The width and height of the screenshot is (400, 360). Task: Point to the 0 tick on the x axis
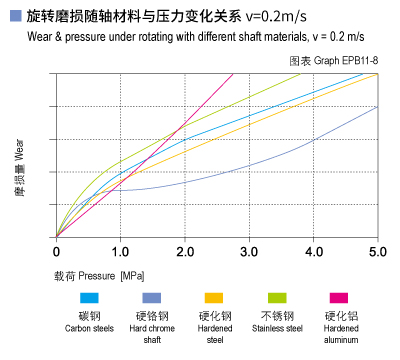[56, 251]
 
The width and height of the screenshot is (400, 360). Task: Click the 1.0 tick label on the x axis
[120, 251]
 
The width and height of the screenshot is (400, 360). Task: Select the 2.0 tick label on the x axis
[184, 251]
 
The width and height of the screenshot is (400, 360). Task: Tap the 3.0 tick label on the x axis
[249, 251]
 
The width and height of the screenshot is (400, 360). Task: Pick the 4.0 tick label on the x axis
[313, 251]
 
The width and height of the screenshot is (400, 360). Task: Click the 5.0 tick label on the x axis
[377, 251]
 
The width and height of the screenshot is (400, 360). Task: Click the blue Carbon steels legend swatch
[89, 298]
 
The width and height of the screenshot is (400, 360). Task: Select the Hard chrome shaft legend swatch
[151, 298]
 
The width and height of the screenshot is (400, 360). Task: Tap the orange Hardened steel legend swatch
[213, 298]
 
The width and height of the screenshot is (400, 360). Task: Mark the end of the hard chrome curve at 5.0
[377, 107]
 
